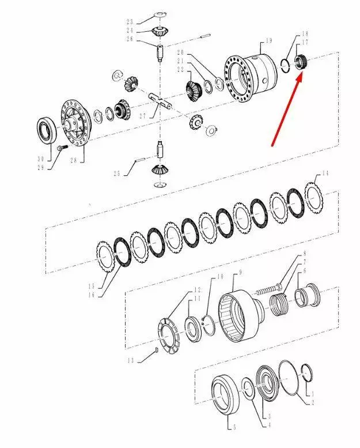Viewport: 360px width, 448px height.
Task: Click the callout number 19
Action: click(268, 40)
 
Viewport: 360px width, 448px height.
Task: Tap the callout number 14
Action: click(325, 173)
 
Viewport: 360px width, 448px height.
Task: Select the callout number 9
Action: click(240, 272)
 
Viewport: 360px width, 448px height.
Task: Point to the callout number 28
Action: click(74, 160)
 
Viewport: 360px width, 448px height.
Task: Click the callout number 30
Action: click(40, 159)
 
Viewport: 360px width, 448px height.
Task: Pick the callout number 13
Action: click(131, 360)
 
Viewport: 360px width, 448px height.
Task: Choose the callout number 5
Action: click(234, 427)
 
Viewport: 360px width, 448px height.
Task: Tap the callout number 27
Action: click(143, 116)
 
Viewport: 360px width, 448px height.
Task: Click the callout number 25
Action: click(117, 174)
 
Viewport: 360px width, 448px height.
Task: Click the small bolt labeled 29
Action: click(62, 148)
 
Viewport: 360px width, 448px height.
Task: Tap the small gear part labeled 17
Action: click(301, 62)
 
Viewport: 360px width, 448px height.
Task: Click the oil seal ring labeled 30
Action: click(47, 129)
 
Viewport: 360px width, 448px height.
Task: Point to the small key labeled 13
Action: click(157, 350)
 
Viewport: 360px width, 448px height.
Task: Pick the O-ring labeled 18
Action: click(286, 66)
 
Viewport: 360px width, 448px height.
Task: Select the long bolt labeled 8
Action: click(269, 288)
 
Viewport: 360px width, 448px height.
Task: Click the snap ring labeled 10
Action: click(210, 325)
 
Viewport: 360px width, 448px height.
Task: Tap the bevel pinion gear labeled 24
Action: click(160, 31)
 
